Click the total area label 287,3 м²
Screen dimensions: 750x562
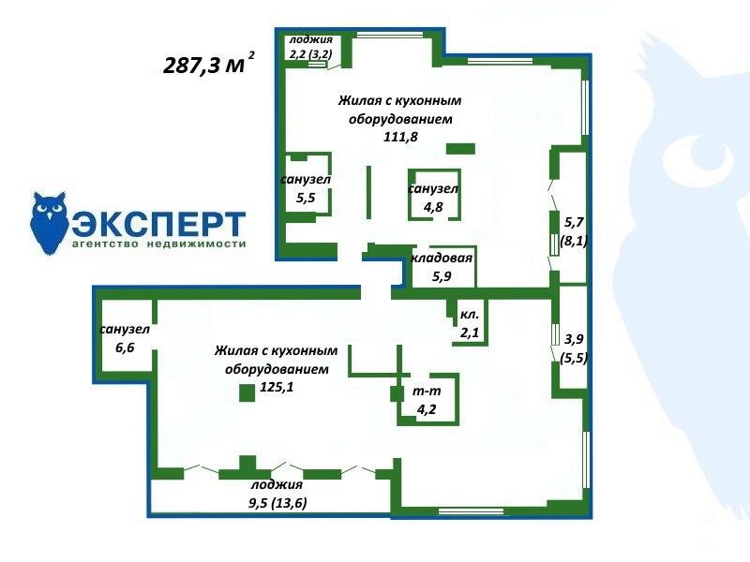pos(209,63)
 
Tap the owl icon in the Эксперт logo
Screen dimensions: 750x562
pos(49,223)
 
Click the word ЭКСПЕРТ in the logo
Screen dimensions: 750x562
pos(158,224)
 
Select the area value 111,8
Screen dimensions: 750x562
pos(400,137)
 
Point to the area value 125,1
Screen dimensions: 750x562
pos(277,387)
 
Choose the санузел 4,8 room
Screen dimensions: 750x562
pos(434,195)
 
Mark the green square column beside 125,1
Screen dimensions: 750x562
pos(247,392)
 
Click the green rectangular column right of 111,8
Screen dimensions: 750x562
pos(460,149)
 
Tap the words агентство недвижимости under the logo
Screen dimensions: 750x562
pos(158,244)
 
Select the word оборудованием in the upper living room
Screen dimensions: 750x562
pos(400,119)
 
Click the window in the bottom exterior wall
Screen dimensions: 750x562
pos(471,510)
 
